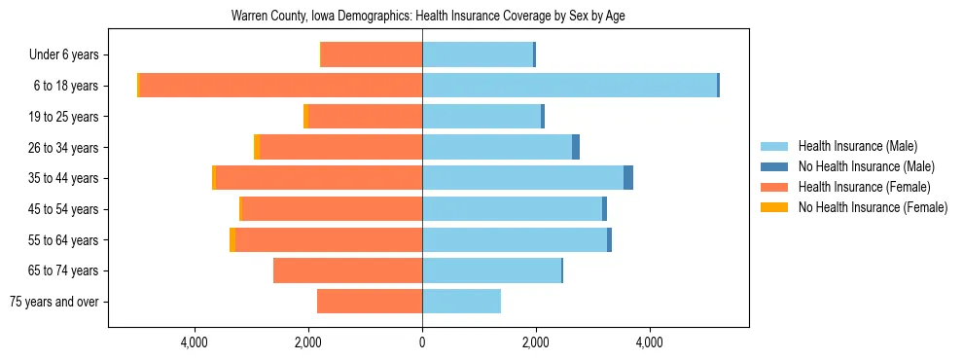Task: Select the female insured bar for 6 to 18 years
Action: click(280, 86)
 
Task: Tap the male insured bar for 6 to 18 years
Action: click(569, 86)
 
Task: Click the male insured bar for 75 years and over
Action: click(461, 302)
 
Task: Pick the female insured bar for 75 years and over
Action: click(370, 302)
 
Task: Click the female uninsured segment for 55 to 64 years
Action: click(232, 239)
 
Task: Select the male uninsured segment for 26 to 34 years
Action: click(576, 147)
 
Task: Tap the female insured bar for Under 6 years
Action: click(372, 54)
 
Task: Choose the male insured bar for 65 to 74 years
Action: click(491, 270)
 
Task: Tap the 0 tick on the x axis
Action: click(422, 342)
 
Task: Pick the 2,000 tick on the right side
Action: click(535, 342)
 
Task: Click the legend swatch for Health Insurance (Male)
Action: click(774, 146)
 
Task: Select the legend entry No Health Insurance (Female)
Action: click(873, 207)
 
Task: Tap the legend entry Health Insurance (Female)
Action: click(864, 187)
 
